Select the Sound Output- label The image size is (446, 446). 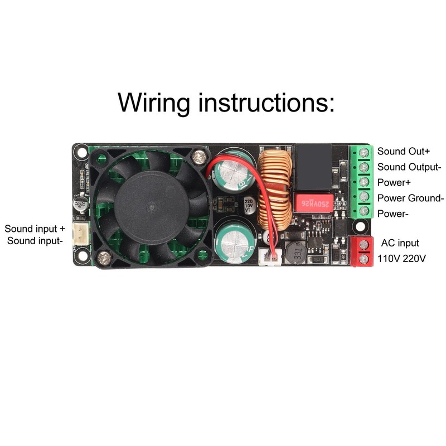(409, 167)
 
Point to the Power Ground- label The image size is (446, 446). (410, 198)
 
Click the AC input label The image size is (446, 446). (400, 243)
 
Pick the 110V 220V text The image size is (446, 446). (401, 259)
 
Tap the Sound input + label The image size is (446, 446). (35, 229)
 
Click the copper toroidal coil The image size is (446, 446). (275, 189)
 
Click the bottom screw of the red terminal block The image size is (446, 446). (364, 259)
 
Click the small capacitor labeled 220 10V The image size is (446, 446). (249, 207)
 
